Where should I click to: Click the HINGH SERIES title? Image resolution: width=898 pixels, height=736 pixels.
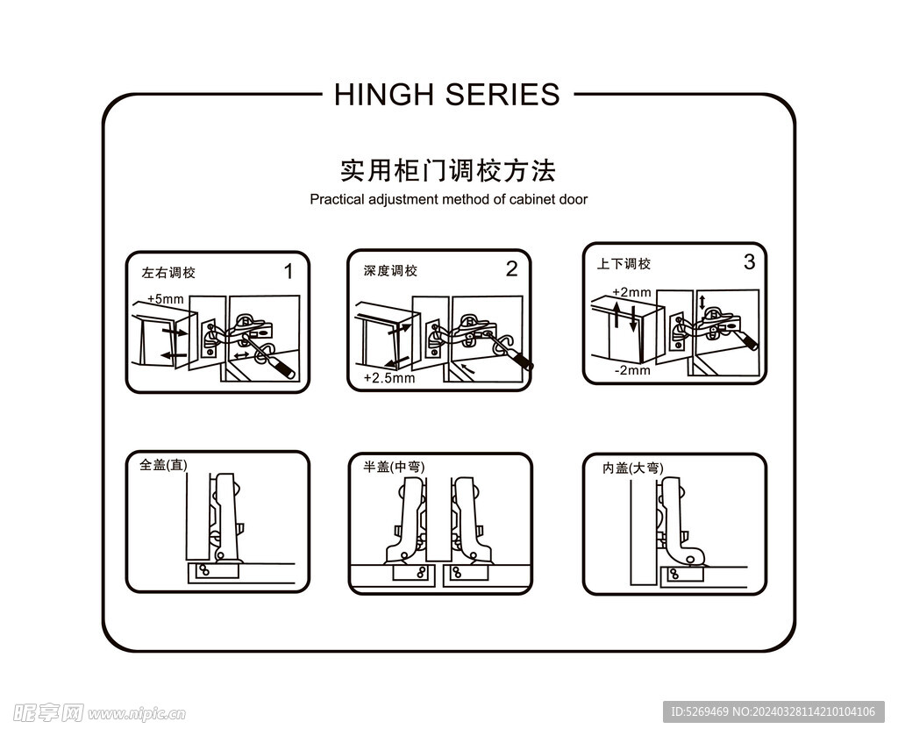[x=446, y=94]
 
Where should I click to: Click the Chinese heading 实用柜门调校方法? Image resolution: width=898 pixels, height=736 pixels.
[x=447, y=169]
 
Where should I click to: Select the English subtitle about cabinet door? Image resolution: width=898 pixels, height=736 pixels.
[x=448, y=199]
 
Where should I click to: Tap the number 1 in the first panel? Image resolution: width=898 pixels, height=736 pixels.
[x=289, y=271]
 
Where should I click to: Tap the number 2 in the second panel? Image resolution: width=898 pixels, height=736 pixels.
[x=511, y=269]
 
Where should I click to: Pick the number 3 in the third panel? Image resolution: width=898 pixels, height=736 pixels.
[x=748, y=261]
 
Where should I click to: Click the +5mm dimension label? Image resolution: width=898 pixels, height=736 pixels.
[x=166, y=299]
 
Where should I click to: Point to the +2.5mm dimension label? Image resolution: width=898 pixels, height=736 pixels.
[x=388, y=378]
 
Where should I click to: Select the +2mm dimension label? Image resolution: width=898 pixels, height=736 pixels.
[x=631, y=292]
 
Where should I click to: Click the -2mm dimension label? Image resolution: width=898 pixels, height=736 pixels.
[x=631, y=370]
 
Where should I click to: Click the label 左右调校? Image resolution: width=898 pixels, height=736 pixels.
[x=168, y=273]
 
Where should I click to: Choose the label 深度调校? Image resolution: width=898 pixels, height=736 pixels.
[x=390, y=271]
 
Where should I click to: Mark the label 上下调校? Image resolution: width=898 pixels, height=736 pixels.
[x=624, y=264]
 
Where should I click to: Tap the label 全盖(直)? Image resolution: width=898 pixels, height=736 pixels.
[x=163, y=465]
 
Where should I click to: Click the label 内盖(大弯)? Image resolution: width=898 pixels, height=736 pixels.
[x=633, y=468]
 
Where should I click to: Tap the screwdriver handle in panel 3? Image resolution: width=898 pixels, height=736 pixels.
[x=751, y=342]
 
